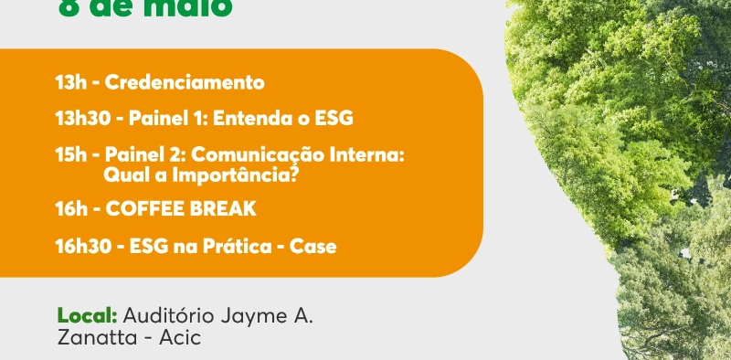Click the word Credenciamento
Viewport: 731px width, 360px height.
point(185,83)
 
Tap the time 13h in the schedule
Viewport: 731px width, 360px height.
point(70,83)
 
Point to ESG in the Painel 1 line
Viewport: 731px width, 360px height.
point(333,119)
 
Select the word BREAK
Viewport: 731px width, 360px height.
point(224,209)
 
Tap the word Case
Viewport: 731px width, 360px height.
point(313,246)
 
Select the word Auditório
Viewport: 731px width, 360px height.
point(166,316)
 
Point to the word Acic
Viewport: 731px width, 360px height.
point(180,338)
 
